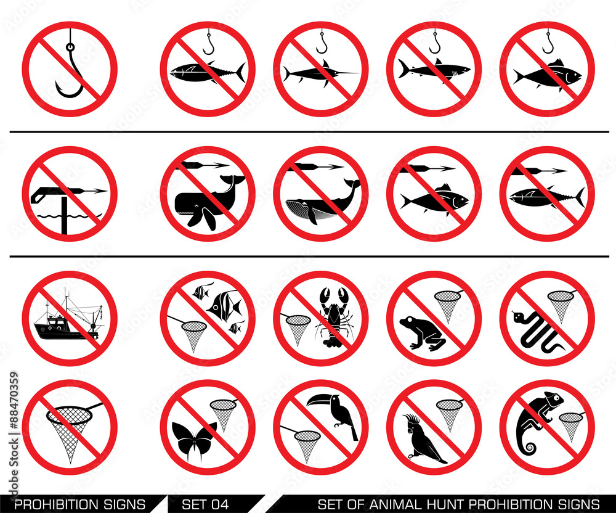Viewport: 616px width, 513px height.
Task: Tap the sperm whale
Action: click(208, 202)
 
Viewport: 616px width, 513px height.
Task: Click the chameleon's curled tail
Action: click(529, 446)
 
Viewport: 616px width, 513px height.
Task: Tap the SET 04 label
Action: click(205, 504)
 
